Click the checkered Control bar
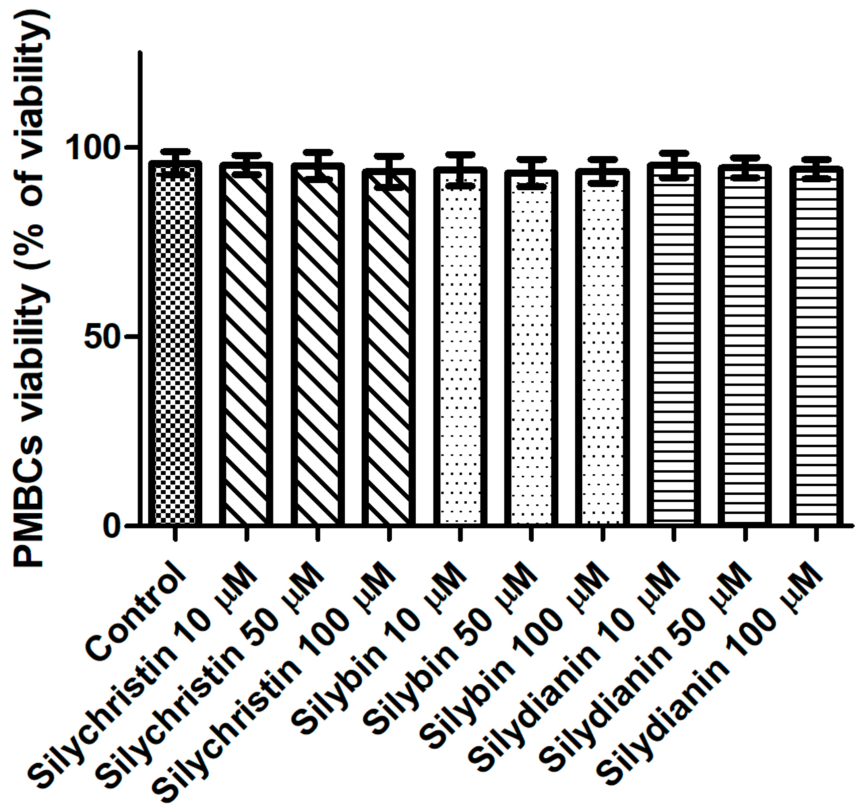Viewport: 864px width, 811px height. (x=175, y=348)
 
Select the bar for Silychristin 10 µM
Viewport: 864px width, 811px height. (x=246, y=348)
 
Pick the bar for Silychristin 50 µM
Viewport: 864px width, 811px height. (x=318, y=348)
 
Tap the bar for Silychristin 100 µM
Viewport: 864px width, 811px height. (x=389, y=348)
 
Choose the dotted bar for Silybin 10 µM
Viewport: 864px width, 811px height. (x=460, y=348)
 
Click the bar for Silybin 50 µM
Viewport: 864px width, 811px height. (x=531, y=348)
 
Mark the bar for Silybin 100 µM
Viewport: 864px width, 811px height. (x=602, y=348)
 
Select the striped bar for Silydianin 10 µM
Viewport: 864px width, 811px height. (x=674, y=348)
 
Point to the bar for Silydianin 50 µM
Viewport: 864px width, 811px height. (x=745, y=348)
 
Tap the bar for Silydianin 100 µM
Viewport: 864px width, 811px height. (x=816, y=348)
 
